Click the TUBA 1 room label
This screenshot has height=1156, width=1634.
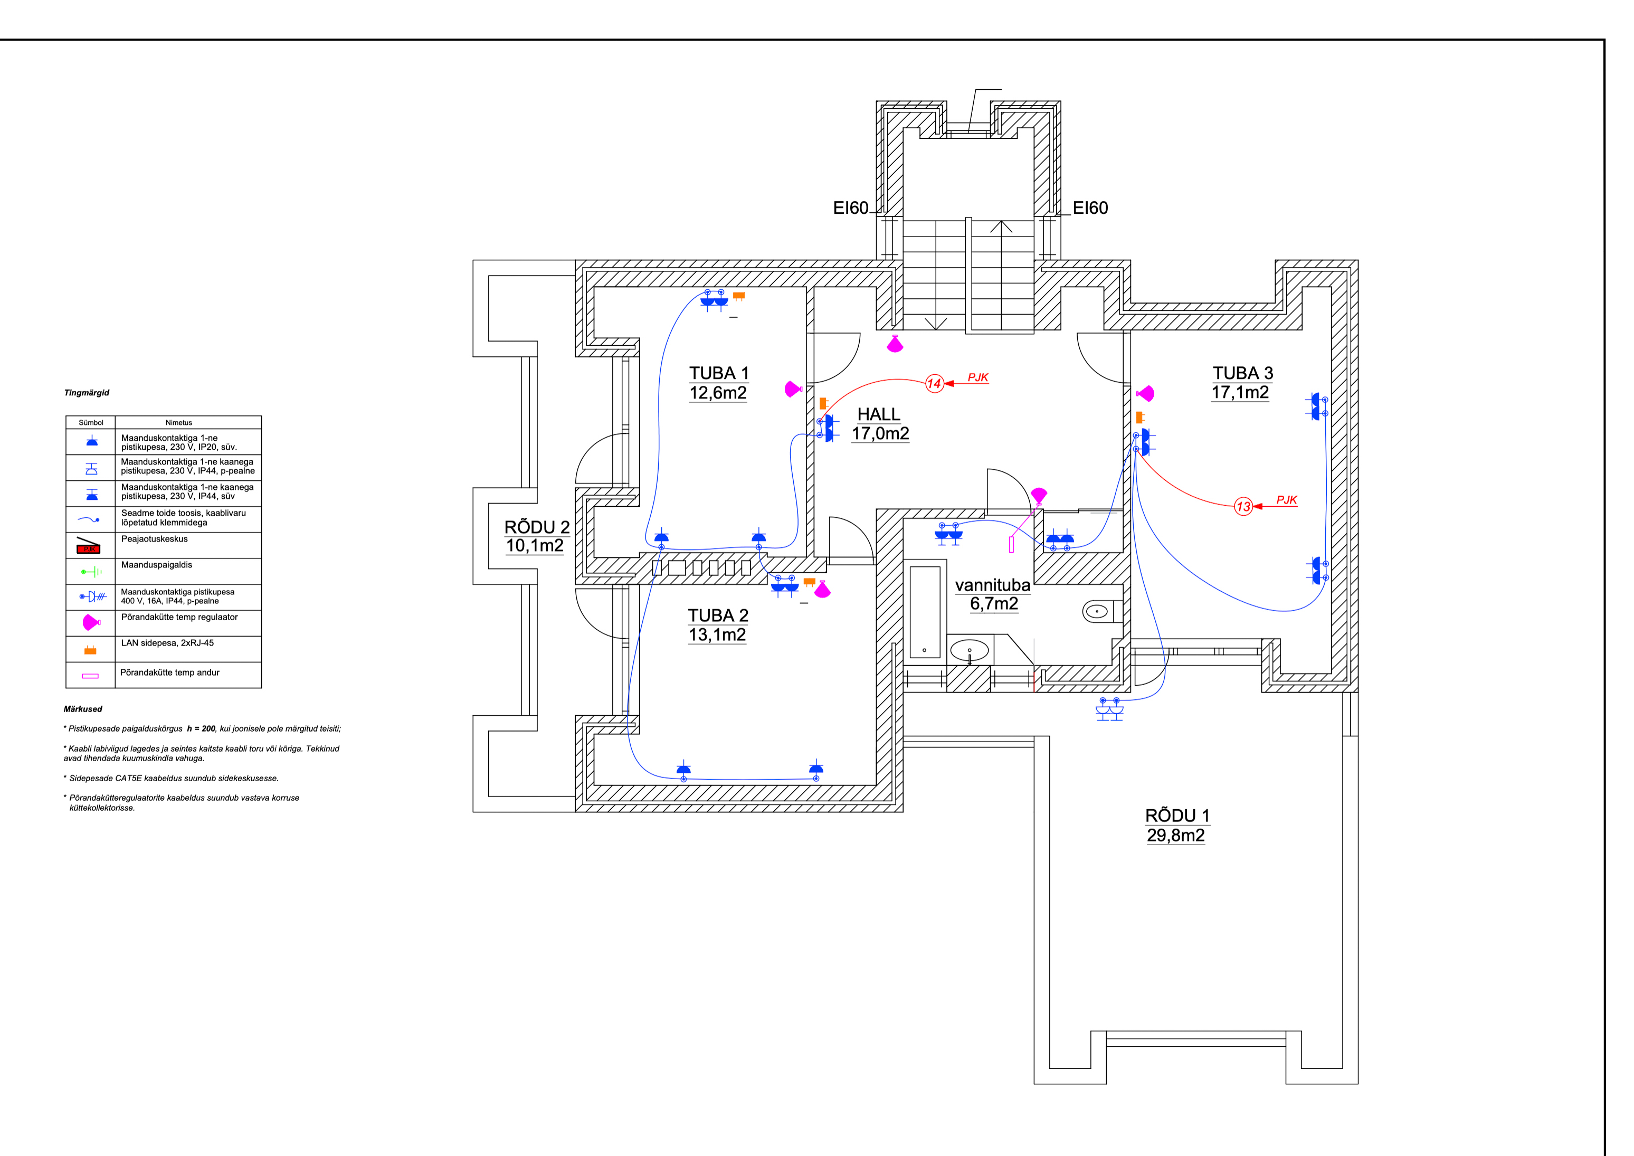[718, 373]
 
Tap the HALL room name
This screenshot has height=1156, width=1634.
[878, 414]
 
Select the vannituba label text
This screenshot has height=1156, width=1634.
[992, 585]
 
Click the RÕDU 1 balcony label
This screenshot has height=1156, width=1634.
[1176, 816]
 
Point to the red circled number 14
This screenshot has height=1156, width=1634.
[934, 384]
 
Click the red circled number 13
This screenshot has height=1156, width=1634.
[1242, 507]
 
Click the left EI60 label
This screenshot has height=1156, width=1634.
[850, 208]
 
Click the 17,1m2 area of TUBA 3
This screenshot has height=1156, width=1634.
[1240, 392]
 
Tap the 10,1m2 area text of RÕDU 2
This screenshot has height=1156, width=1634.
[535, 546]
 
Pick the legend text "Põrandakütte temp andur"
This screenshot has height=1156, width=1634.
[169, 672]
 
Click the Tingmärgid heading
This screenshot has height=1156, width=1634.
[87, 393]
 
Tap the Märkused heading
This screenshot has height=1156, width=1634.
[83, 709]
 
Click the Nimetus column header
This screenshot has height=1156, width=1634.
[178, 423]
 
